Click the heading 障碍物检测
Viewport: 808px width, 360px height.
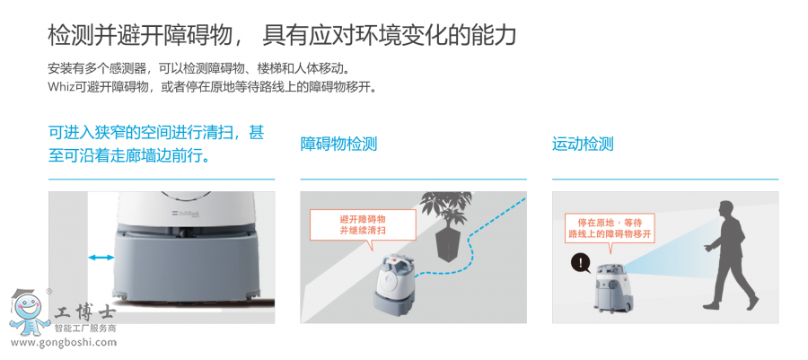tap(338, 144)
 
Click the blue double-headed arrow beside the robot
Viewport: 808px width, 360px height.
tap(101, 258)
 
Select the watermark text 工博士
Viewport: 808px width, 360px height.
tap(83, 313)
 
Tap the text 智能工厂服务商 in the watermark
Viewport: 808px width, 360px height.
tap(85, 329)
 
